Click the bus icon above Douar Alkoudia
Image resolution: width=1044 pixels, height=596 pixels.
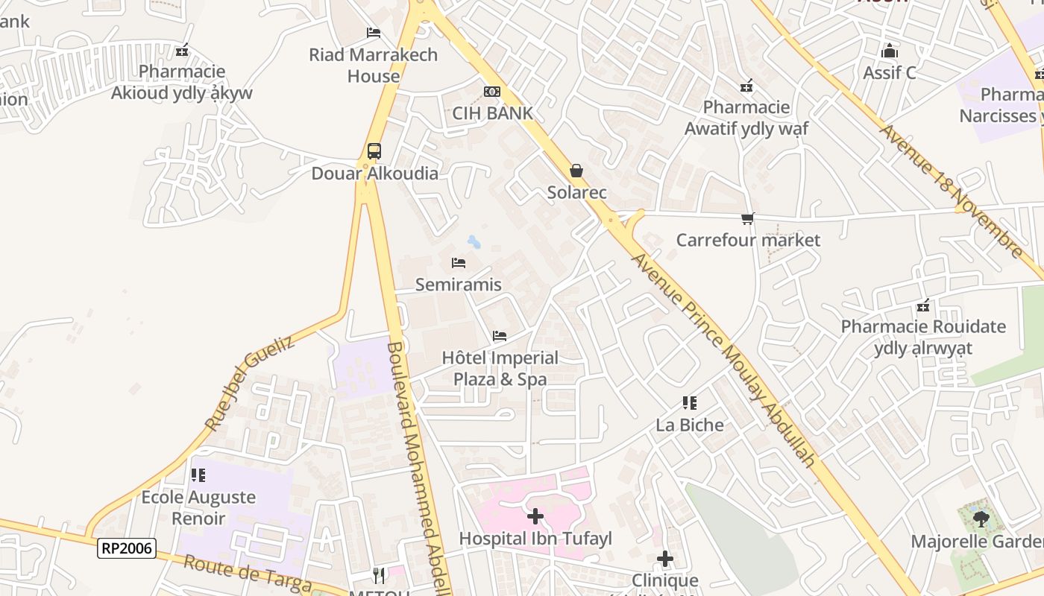tap(374, 151)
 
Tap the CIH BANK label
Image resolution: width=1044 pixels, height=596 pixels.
tap(492, 113)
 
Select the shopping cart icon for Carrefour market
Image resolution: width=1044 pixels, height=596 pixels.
tap(747, 218)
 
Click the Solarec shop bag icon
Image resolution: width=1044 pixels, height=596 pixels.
tap(576, 171)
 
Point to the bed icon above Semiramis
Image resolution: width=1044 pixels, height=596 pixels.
tap(459, 263)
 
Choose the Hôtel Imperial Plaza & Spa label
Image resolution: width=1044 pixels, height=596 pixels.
tap(500, 368)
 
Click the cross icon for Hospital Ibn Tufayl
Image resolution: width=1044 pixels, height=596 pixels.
tap(535, 516)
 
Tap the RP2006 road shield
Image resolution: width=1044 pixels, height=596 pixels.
tap(126, 549)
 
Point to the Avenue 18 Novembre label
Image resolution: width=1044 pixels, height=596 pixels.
tap(952, 191)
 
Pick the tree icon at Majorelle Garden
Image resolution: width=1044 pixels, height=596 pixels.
tap(981, 519)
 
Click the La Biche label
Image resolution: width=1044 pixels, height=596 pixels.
tap(690, 425)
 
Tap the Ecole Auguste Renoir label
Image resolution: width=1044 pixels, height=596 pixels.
tap(198, 507)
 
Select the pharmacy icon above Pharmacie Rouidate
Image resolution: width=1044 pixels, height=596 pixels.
tap(923, 305)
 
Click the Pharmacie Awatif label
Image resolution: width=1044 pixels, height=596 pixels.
tap(746, 118)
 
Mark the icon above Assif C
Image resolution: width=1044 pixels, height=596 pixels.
tap(889, 51)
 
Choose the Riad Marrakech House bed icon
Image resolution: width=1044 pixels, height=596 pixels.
tap(374, 33)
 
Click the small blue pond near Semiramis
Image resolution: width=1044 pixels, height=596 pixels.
tap(474, 241)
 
